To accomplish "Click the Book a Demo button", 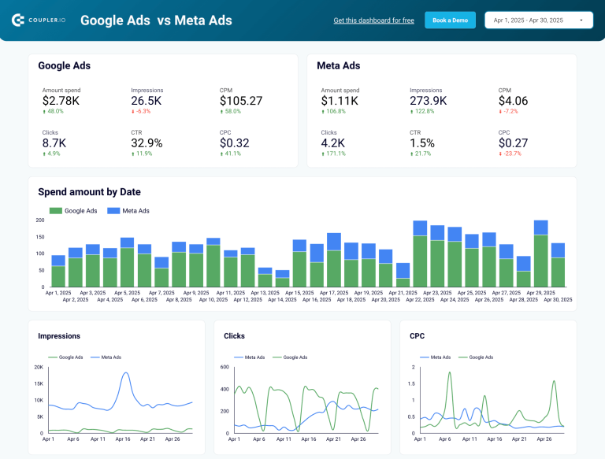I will point(450,20).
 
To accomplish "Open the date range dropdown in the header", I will point(539,20).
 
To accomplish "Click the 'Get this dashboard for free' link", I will point(373,20).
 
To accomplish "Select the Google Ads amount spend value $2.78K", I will point(61,101).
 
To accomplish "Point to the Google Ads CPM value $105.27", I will point(241,101).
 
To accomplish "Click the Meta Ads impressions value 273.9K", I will point(429,101).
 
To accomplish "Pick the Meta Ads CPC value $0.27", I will point(513,143).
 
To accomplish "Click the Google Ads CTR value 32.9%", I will point(147,143).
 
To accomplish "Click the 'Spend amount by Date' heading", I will point(89,192).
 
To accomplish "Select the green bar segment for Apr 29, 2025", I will point(540,261).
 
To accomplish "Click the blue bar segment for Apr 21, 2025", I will point(403,271).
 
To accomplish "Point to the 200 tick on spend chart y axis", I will point(40,220).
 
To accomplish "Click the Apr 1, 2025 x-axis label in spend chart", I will point(59,293).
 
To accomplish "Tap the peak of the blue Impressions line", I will point(125,373).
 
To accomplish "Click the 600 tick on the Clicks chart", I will point(224,367).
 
